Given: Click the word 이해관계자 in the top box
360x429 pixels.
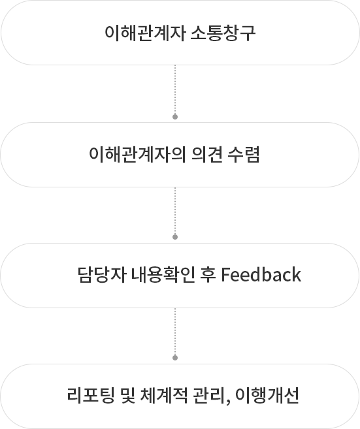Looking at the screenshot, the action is [145, 33].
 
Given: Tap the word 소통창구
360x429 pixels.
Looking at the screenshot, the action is [223, 33].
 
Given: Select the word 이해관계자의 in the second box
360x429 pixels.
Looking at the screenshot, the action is [137, 155].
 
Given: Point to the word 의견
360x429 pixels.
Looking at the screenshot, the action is [207, 155].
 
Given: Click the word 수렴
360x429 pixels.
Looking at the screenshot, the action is [244, 155].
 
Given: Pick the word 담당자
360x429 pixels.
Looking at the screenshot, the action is [102, 275].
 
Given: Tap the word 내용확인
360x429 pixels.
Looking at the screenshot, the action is [163, 275].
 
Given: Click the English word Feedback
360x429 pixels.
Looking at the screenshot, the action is [261, 275].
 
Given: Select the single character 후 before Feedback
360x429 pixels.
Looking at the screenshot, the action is [208, 275].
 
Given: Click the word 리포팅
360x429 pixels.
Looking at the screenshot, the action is [91, 396].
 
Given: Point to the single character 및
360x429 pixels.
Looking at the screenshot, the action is [127, 396].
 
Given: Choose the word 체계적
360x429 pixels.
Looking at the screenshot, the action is [164, 396].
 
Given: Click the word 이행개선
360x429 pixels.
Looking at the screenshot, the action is [267, 396].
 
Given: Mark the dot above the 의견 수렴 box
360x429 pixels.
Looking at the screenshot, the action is [175, 117].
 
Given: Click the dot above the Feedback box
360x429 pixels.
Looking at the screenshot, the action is [175, 237].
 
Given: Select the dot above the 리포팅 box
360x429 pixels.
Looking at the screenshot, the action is [175, 358].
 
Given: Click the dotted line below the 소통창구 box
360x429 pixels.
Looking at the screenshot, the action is [175, 89].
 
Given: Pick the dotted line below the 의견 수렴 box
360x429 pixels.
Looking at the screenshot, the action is [175, 211].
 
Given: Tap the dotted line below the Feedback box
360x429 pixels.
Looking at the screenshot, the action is [175, 332].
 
